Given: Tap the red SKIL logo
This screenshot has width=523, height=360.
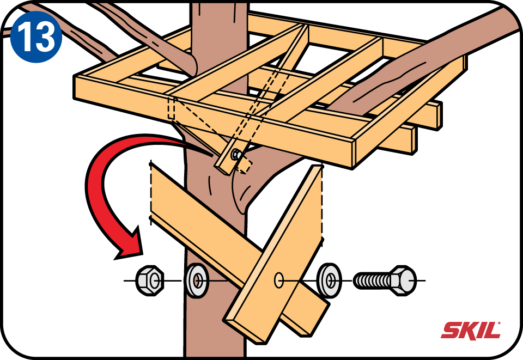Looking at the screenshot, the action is tap(471, 330).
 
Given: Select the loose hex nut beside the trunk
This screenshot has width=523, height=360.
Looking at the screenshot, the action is tap(150, 280).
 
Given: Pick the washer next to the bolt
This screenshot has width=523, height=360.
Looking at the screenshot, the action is tap(329, 280).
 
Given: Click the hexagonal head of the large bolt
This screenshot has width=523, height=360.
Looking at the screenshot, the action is tap(404, 280).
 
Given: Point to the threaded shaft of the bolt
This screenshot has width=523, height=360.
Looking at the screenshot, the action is tap(373, 280).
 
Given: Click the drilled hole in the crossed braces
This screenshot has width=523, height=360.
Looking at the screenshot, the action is tap(279, 280).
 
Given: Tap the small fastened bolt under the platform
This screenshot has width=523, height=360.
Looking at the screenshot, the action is tap(236, 155).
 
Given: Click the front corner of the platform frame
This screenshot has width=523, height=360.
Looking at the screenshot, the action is tap(354, 142).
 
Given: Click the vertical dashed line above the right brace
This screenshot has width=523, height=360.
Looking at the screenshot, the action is tap(322, 202).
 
